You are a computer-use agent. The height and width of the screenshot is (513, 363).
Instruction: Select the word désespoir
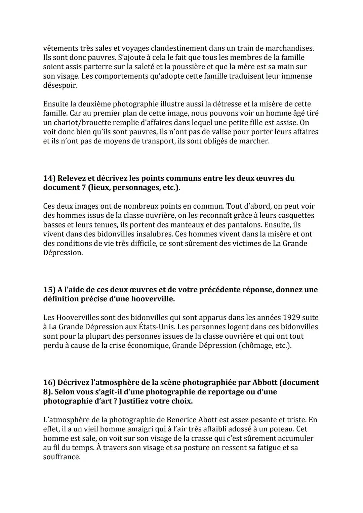click(60, 85)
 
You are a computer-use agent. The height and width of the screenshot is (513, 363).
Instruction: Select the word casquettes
click(297, 215)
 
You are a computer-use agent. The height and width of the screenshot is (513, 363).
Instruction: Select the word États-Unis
click(156, 327)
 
